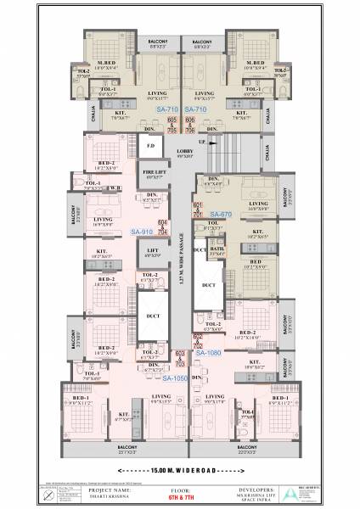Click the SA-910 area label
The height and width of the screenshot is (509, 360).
pyautogui.click(x=142, y=231)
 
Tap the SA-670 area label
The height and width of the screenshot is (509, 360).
pyautogui.click(x=220, y=215)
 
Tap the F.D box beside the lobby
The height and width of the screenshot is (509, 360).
pyautogui.click(x=151, y=148)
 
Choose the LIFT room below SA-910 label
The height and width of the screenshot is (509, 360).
pyautogui.click(x=154, y=253)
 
